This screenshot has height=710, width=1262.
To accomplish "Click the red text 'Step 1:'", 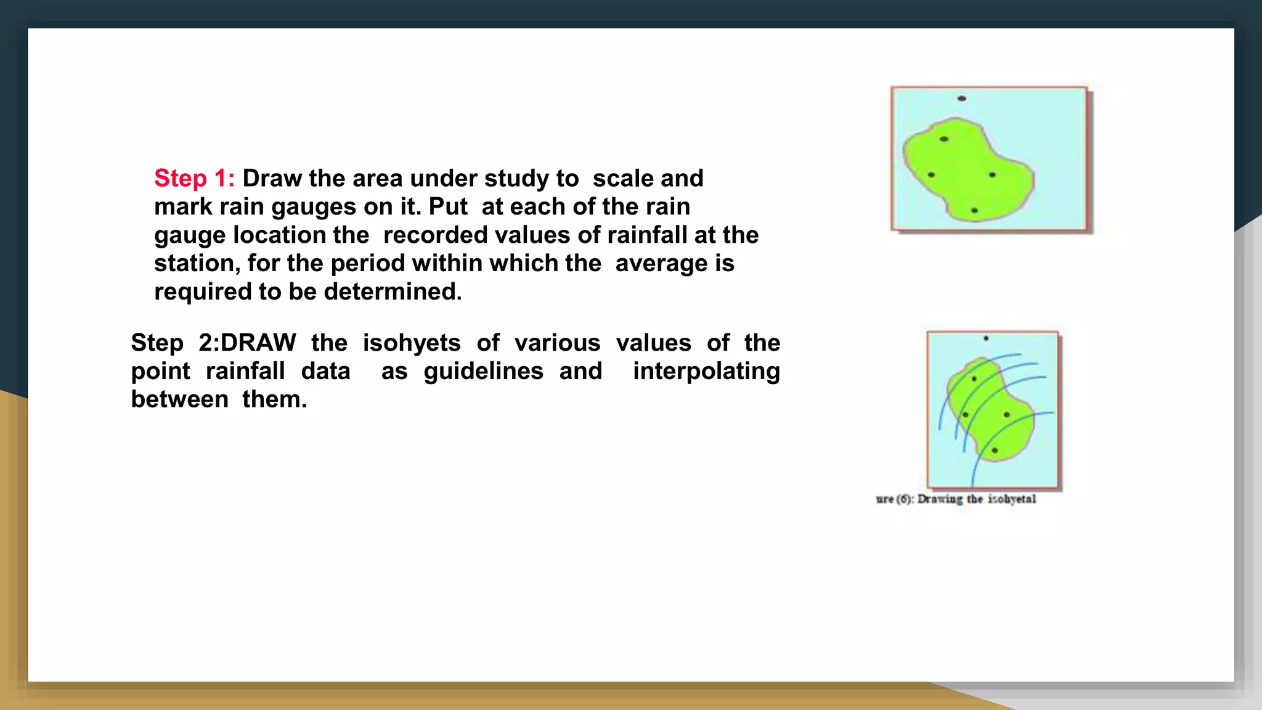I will pyautogui.click(x=194, y=178).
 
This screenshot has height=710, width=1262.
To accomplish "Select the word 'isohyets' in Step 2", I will pyautogui.click(x=411, y=343).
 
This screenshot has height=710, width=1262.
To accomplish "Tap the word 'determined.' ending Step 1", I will pyautogui.click(x=393, y=292).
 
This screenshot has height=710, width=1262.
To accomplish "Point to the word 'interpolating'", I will pyautogui.click(x=706, y=371).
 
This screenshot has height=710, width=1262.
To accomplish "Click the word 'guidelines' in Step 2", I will pyautogui.click(x=483, y=371).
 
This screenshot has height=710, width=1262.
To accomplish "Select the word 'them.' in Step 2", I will pyautogui.click(x=274, y=399).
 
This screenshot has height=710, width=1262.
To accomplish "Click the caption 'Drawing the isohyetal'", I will pyautogui.click(x=976, y=499).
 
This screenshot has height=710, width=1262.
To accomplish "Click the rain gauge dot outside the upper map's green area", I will pyautogui.click(x=961, y=99).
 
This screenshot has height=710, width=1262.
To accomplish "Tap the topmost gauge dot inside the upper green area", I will pyautogui.click(x=943, y=139).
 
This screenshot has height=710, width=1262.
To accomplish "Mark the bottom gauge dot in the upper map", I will pyautogui.click(x=974, y=211).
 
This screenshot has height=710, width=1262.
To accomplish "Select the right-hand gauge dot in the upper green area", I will pyautogui.click(x=992, y=175).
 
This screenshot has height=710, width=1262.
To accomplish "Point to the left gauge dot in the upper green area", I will pyautogui.click(x=931, y=175).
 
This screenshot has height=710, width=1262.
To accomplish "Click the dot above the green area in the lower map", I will pyautogui.click(x=986, y=338).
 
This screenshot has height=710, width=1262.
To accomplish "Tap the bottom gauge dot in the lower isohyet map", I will pyautogui.click(x=995, y=451).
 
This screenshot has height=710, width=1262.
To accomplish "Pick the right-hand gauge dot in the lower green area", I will pyautogui.click(x=1007, y=415).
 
